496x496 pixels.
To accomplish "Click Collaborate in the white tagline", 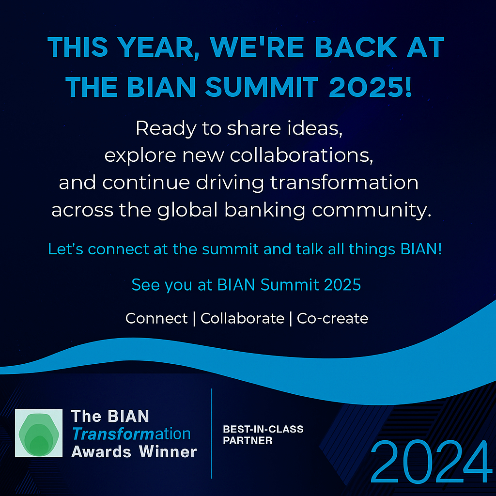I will pos(242,318).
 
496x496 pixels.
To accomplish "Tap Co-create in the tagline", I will pos(332,318).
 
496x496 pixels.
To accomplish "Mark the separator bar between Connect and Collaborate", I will pos(194,319).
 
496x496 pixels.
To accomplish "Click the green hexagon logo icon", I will pos(39,433).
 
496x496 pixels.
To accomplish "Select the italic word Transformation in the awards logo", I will pos(131,434).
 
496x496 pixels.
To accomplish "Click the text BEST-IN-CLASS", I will pos(263,429).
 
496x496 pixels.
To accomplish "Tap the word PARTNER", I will pos(248,441).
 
